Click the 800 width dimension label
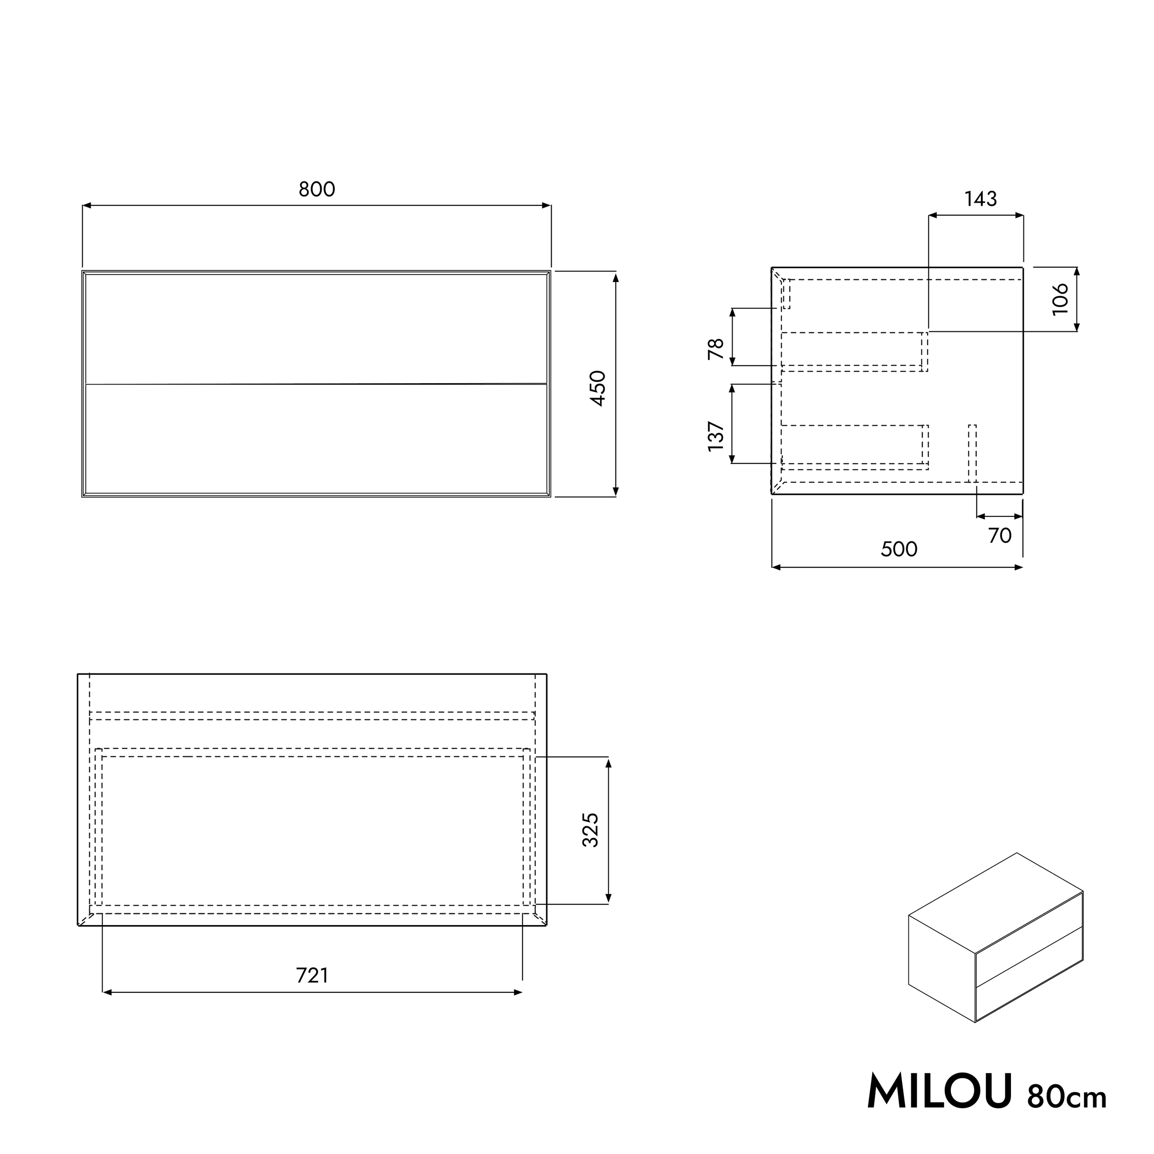coord(317,189)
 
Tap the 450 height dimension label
coord(598,388)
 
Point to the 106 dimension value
coord(1060,299)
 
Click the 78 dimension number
coord(715,349)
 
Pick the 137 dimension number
coord(715,436)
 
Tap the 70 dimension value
coord(999,536)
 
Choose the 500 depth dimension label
coord(899,549)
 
